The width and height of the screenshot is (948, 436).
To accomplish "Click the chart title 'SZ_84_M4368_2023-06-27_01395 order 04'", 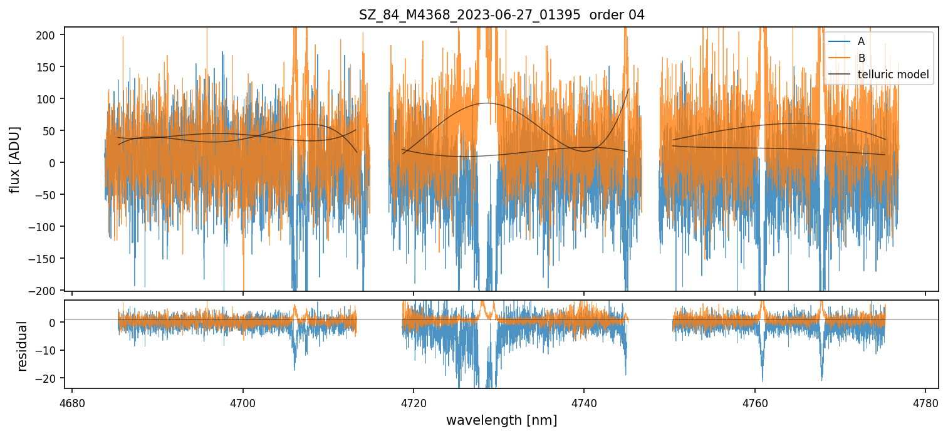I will coord(501,15).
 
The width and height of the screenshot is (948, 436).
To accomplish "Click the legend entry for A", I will coord(862,41).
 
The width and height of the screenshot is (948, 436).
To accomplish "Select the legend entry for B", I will coord(862,58).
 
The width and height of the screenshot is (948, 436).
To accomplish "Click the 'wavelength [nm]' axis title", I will coord(501,420).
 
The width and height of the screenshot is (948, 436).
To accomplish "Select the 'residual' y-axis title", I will coord(23,346).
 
